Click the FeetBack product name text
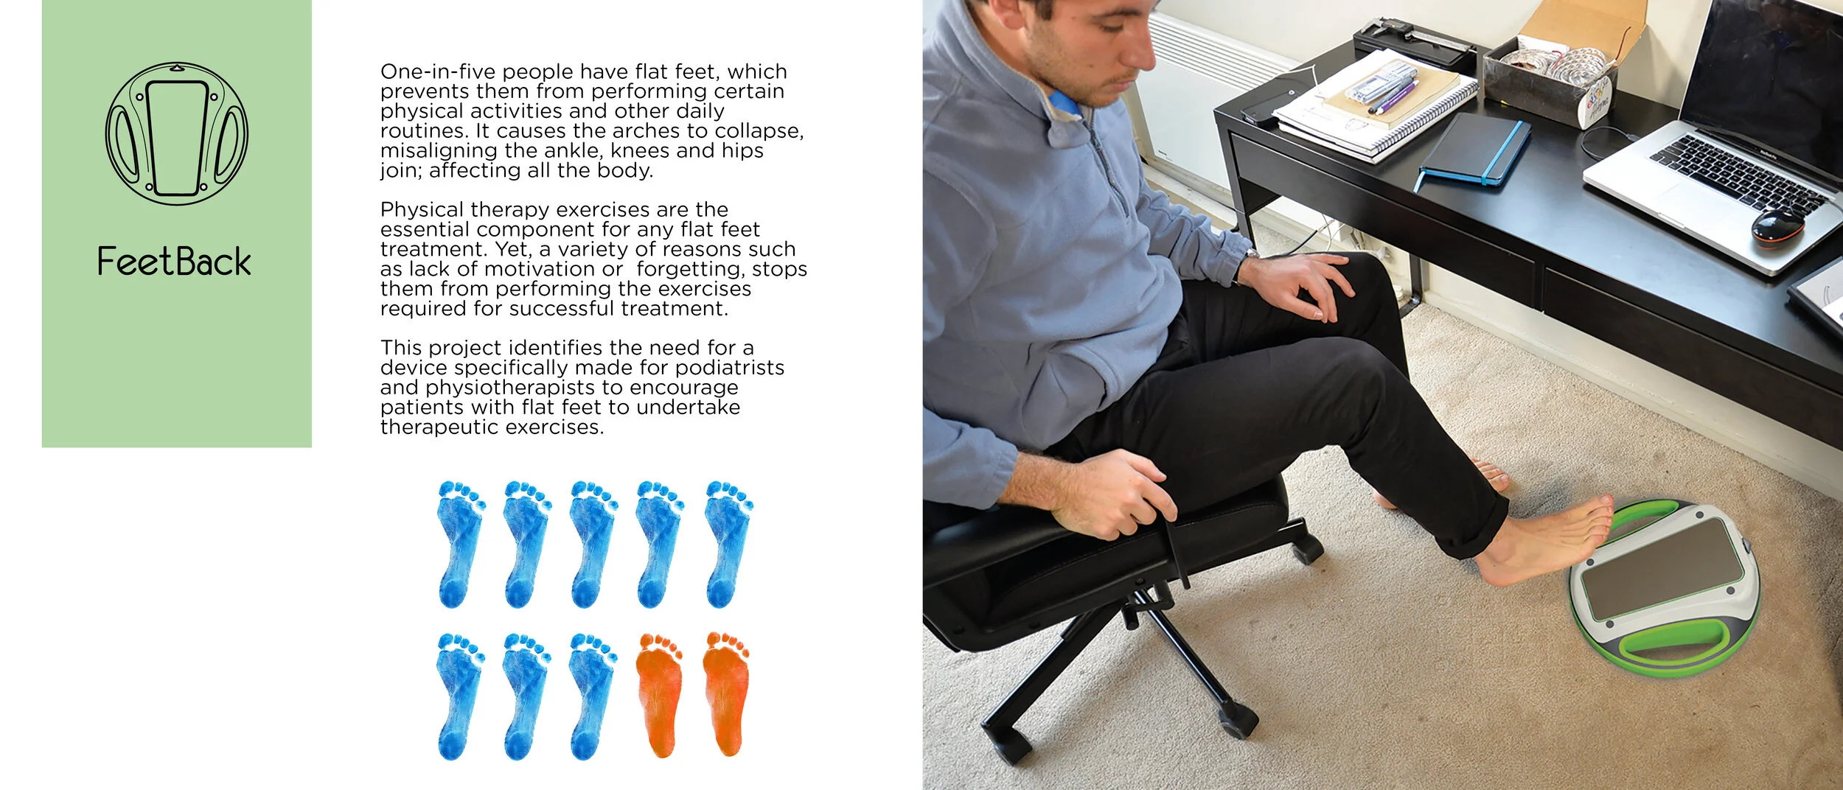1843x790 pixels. (174, 262)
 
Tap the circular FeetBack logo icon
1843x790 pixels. (177, 133)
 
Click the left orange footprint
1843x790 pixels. (658, 695)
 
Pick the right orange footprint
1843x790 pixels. (727, 693)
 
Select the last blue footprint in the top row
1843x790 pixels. (728, 545)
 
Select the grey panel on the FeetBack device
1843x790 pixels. (1663, 567)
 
